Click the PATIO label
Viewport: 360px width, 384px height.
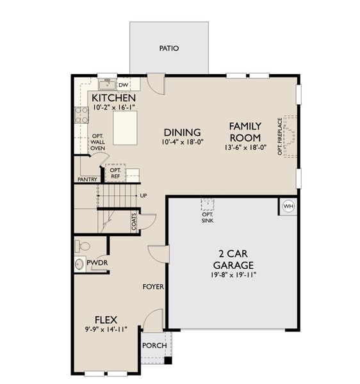(x=169, y=48)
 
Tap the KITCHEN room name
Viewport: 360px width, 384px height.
(x=113, y=98)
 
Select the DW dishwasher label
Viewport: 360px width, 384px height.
(x=124, y=84)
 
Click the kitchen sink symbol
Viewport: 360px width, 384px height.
(x=106, y=84)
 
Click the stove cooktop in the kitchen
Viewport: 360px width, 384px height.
(x=82, y=115)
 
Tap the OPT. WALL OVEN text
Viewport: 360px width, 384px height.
(x=97, y=142)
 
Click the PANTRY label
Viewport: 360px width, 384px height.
(x=87, y=180)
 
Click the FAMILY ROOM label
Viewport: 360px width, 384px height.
(x=245, y=132)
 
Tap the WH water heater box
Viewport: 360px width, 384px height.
(x=288, y=206)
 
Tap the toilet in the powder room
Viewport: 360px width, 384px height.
(x=83, y=246)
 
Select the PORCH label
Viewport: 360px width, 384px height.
(x=154, y=346)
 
